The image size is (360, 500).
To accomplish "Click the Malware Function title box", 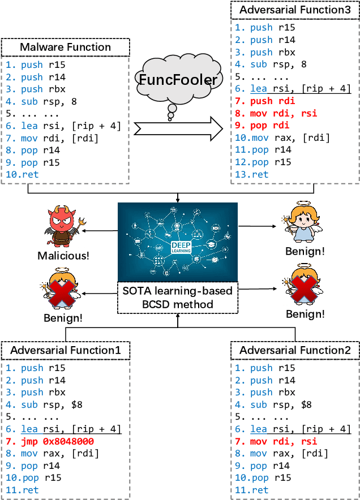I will point(65,46).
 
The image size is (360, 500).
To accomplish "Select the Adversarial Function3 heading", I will point(294,10).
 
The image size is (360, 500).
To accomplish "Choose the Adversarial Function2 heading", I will point(294,351).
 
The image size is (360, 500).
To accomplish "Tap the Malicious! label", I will point(64,256).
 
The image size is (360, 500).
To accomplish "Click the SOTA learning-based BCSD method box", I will point(178,298).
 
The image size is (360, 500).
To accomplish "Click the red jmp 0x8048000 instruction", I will point(50,441).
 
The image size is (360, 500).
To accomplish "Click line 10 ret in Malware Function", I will point(23,175).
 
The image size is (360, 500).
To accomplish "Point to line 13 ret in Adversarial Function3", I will point(252,175).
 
